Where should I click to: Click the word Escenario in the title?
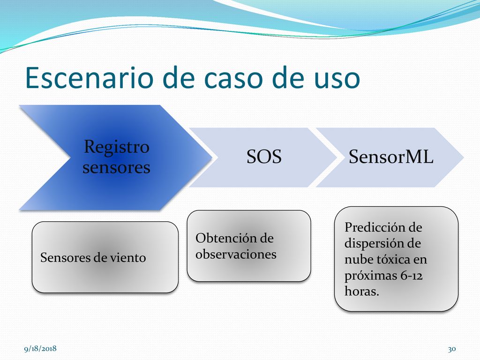coord(89,78)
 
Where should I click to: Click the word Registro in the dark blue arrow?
coord(117,147)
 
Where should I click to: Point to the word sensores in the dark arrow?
coord(116,167)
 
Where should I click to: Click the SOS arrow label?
coord(264,157)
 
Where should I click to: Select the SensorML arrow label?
coord(391,157)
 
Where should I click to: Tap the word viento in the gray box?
coord(128,258)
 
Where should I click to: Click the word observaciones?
coord(236,254)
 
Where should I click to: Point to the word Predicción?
coord(375,227)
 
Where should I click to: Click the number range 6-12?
coord(412,276)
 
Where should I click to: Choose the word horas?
coord(362,291)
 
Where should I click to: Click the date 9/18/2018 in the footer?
coord(40,349)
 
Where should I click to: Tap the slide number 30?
coord(452,349)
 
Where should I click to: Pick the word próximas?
coord(371,276)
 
